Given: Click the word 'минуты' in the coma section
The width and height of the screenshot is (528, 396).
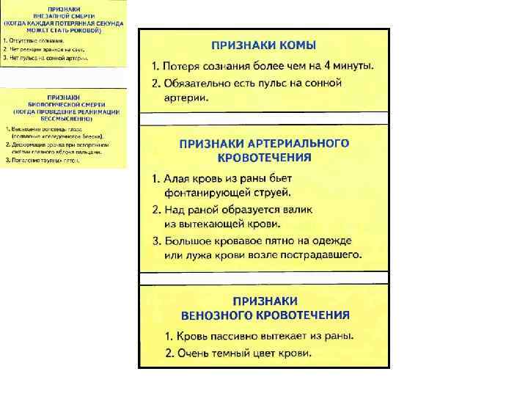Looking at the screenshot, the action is tap(353, 66).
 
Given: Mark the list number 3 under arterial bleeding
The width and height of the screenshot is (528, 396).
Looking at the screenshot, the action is tap(156, 241).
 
